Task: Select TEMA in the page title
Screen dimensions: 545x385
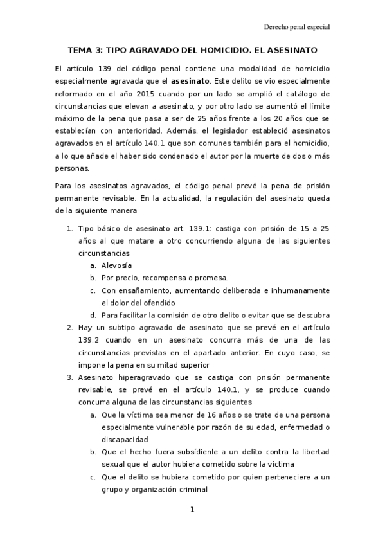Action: [82, 50]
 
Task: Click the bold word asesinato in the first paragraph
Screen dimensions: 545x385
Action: [190, 81]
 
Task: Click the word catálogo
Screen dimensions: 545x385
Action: [312, 94]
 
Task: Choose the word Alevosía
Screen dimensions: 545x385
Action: [116, 265]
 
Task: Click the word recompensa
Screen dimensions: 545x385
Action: [163, 278]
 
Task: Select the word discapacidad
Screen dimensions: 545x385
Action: [125, 440]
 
